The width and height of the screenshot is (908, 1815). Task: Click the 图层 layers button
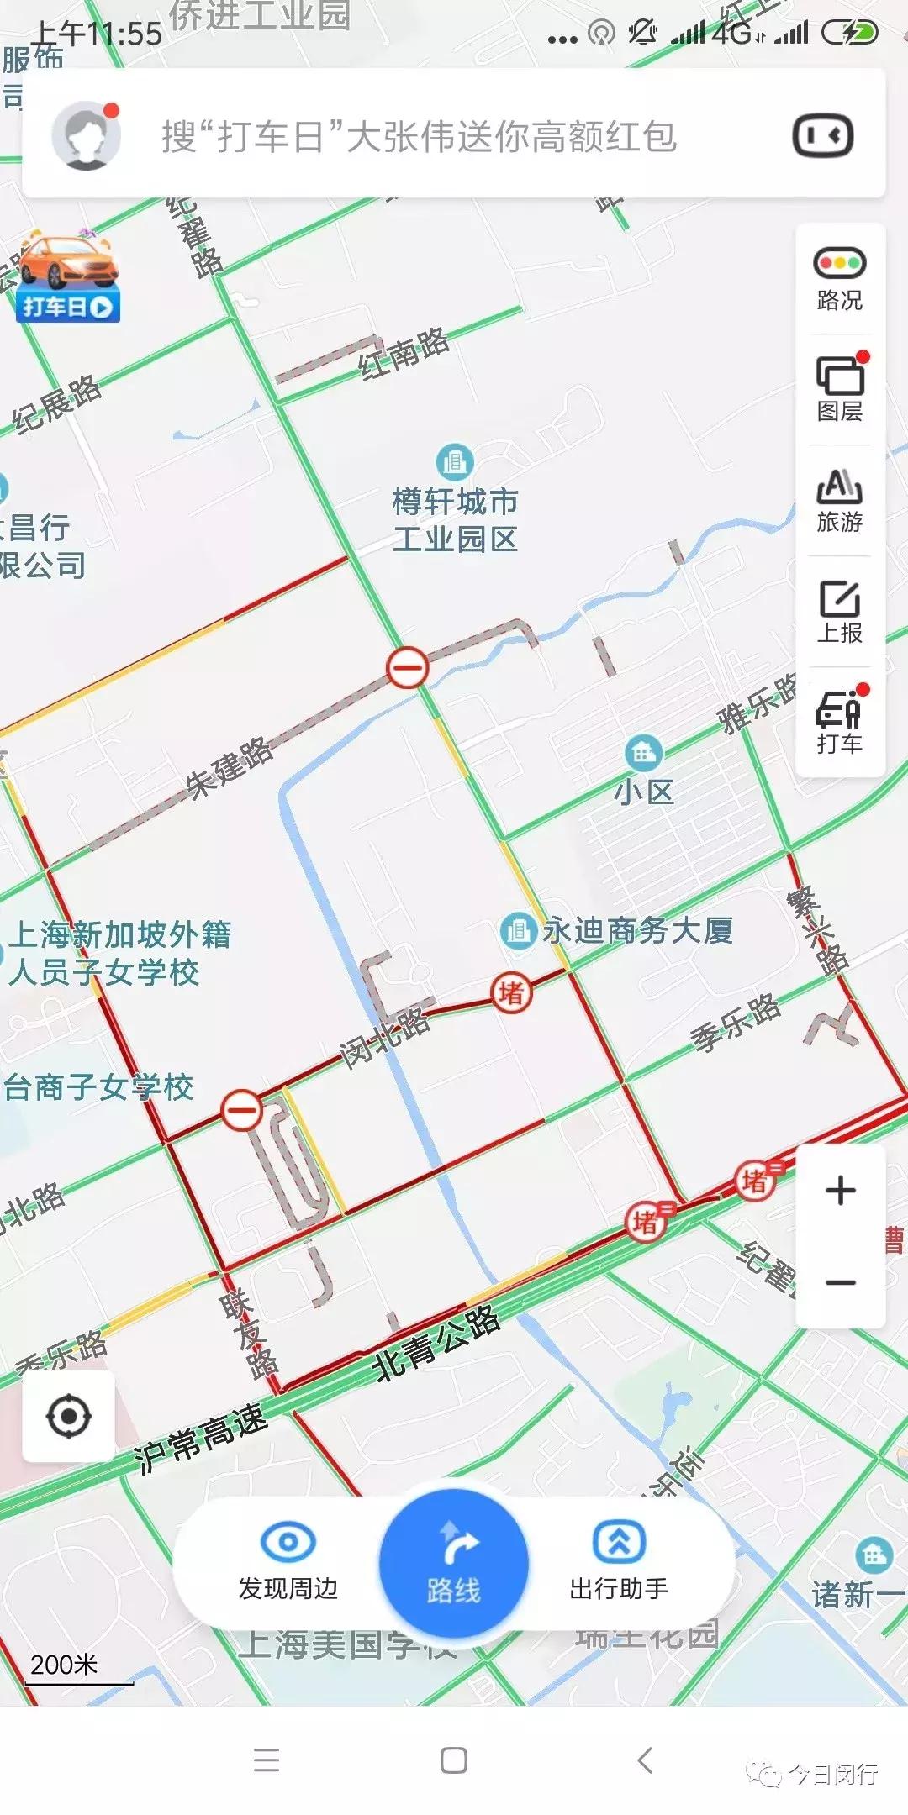839,388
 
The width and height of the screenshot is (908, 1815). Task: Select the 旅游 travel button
839,500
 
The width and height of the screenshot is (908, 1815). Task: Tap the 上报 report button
839,611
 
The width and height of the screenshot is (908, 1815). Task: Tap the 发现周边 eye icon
288,1543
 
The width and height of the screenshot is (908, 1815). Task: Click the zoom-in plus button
840,1191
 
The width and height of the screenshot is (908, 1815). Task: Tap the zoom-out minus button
840,1283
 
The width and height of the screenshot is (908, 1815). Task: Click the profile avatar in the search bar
85,136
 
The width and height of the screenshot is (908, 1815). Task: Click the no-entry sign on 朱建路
408,669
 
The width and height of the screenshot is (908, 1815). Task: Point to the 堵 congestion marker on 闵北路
512,993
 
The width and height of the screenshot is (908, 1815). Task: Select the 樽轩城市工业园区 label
455,519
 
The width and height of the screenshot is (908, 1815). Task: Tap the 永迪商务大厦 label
636,930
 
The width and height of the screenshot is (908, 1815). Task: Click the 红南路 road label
404,353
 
